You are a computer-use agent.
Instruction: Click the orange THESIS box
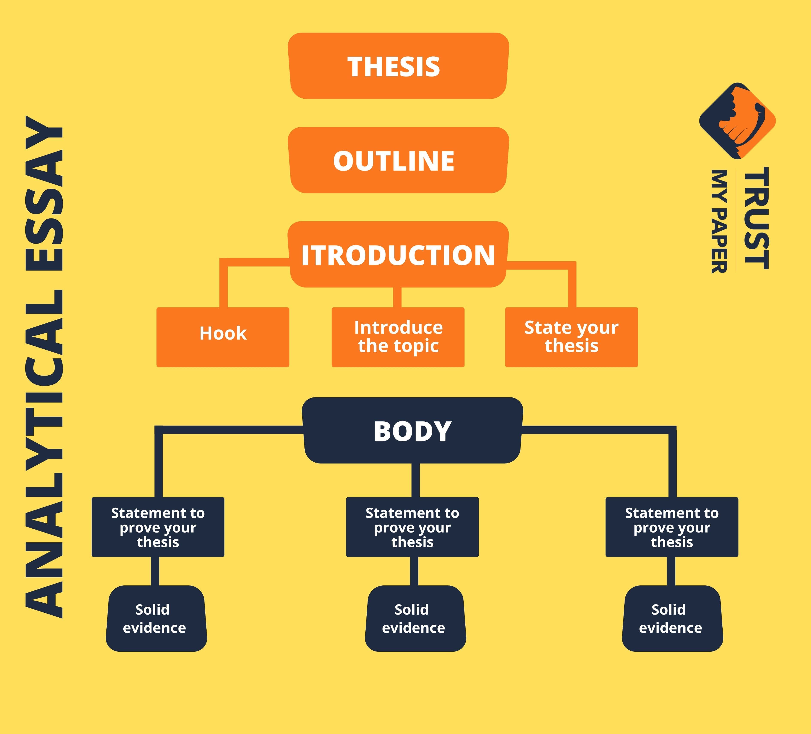click(x=398, y=66)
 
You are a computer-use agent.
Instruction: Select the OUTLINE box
click(x=398, y=160)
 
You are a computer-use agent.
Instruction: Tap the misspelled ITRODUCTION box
click(x=398, y=254)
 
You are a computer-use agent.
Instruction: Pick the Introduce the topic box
click(x=398, y=337)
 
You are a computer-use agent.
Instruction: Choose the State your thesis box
click(x=571, y=337)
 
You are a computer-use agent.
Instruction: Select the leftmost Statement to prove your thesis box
click(x=158, y=527)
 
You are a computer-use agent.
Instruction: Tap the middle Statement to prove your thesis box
click(x=412, y=527)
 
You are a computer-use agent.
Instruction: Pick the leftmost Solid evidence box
click(x=156, y=619)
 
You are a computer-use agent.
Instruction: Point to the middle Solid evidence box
click(x=415, y=619)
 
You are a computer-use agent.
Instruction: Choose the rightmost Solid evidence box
click(x=672, y=619)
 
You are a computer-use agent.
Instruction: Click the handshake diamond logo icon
click(x=737, y=121)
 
